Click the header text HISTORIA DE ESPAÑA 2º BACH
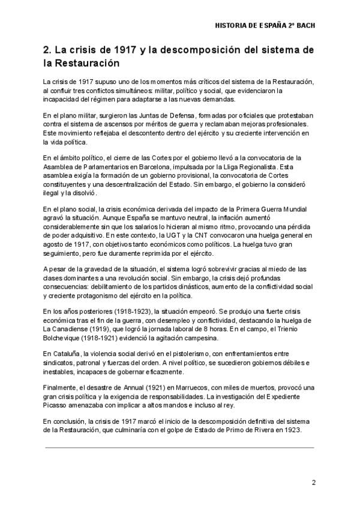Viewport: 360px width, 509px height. (x=265, y=26)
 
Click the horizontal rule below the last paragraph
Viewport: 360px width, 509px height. (x=179, y=447)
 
